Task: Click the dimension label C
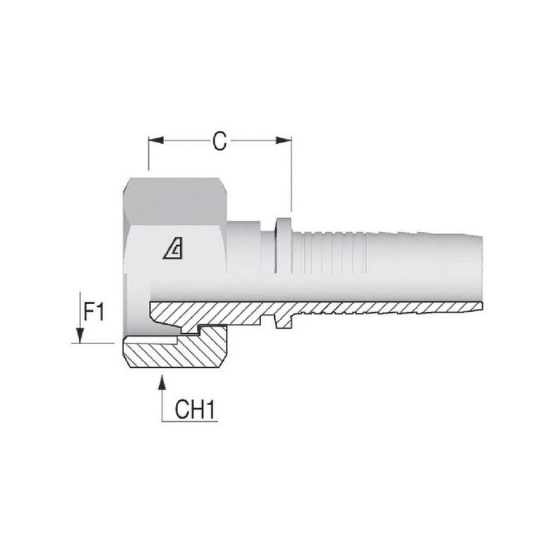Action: pyautogui.click(x=220, y=141)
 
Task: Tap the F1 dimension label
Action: pyautogui.click(x=94, y=311)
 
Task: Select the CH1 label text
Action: pyautogui.click(x=195, y=409)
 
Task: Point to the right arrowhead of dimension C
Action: pyautogui.click(x=284, y=141)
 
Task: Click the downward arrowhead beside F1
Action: pyautogui.click(x=80, y=335)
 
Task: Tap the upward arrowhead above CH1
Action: pyautogui.click(x=162, y=382)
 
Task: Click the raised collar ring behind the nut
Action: pyautogui.click(x=283, y=245)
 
